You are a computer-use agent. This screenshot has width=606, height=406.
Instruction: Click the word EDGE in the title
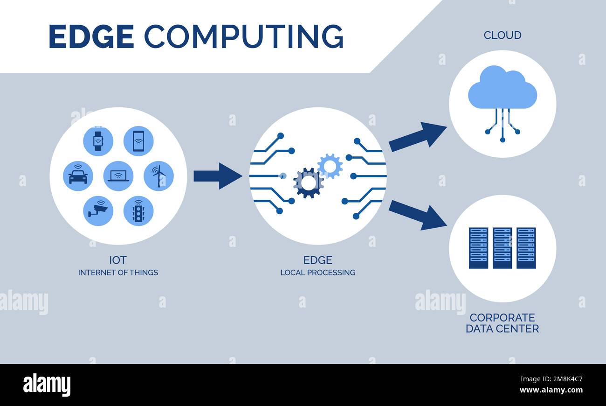pyautogui.click(x=91, y=36)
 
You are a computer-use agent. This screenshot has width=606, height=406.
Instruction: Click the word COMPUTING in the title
pyautogui.click(x=243, y=36)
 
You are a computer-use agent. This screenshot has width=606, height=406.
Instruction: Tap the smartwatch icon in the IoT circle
pyautogui.click(x=98, y=141)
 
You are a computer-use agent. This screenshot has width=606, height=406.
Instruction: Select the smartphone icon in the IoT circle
pyautogui.click(x=138, y=141)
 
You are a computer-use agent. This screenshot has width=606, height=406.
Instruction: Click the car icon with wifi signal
pyautogui.click(x=78, y=176)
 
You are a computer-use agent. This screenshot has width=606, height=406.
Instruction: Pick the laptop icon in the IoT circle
pyautogui.click(x=118, y=176)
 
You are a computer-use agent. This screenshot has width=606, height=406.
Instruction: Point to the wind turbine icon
pyautogui.click(x=158, y=176)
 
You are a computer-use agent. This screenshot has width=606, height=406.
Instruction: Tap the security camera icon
pyautogui.click(x=98, y=211)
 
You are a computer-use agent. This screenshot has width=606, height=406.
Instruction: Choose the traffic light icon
pyautogui.click(x=138, y=211)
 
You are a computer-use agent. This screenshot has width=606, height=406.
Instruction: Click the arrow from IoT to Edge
pyautogui.click(x=217, y=176)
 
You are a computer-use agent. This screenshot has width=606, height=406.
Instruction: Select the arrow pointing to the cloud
pyautogui.click(x=417, y=136)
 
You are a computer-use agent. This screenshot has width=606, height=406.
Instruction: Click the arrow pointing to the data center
pyautogui.click(x=417, y=215)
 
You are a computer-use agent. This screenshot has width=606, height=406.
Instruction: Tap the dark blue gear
pyautogui.click(x=308, y=183)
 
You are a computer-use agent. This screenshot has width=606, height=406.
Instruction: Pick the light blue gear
pyautogui.click(x=330, y=166)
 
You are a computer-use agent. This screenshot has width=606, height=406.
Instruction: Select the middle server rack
pyautogui.click(x=502, y=248)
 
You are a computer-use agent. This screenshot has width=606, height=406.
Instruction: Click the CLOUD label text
pyautogui.click(x=502, y=35)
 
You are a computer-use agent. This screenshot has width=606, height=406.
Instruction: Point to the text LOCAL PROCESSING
pyautogui.click(x=317, y=273)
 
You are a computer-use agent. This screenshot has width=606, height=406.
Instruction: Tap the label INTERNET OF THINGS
pyautogui.click(x=118, y=273)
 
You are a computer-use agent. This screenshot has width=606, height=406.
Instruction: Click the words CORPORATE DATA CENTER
pyautogui.click(x=502, y=323)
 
